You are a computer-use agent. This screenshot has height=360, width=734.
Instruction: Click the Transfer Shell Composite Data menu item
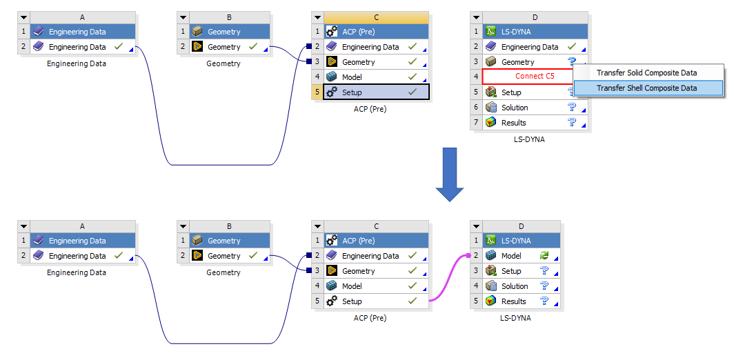click(646, 88)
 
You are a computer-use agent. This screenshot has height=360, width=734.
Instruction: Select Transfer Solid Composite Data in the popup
click(646, 73)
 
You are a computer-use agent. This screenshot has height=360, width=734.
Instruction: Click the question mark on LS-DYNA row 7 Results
click(571, 123)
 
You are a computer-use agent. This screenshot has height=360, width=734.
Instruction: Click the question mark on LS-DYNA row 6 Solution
click(571, 108)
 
